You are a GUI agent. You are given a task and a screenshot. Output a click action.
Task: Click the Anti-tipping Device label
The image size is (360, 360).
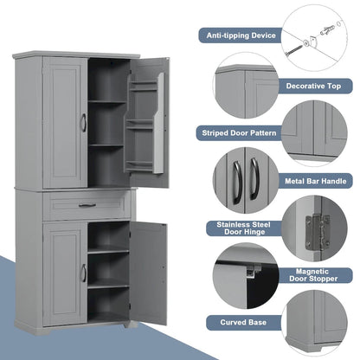coord(240,35)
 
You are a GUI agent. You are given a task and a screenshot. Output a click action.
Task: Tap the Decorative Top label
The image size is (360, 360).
coord(313,86)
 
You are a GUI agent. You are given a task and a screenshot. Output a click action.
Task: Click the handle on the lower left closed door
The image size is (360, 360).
coord(83,273)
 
